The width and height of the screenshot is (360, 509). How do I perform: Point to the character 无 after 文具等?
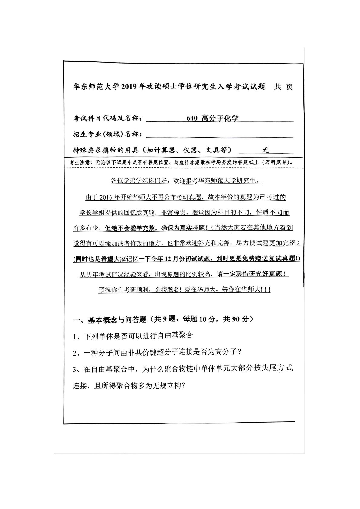(266, 150)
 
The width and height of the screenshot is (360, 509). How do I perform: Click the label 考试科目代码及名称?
(107, 118)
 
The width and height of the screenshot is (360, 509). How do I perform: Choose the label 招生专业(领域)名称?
(107, 134)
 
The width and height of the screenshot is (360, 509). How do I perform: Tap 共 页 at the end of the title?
(283, 87)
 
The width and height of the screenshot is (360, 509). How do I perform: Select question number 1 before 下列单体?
(76, 335)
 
